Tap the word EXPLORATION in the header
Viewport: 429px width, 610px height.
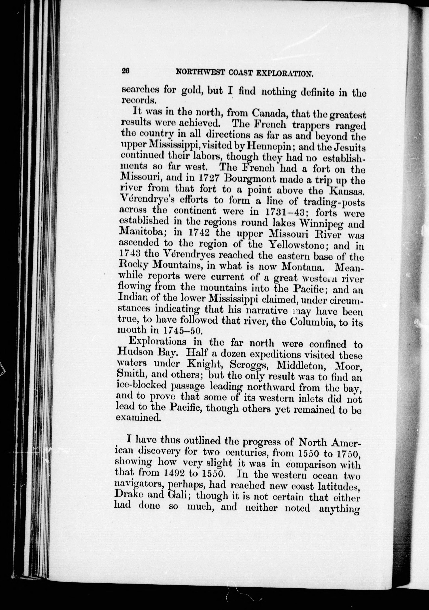285,73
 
